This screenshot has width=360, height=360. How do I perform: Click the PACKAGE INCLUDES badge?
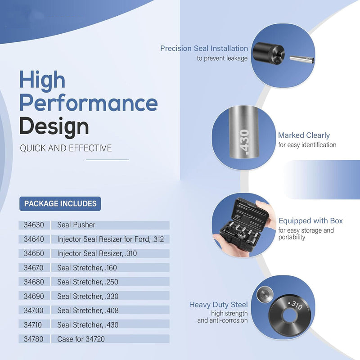60,204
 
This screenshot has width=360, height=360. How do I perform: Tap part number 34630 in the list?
34,225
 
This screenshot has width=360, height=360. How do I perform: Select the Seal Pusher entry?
76,225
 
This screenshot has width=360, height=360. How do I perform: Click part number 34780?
33,339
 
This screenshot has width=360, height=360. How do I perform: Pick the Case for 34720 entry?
81,339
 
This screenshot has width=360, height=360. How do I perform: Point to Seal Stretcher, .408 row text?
88,310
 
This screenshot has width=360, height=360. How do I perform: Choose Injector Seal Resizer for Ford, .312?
110,239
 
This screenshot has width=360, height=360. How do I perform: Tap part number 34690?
34,296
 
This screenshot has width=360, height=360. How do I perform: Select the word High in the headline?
42,80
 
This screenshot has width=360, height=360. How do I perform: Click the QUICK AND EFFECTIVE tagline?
66,148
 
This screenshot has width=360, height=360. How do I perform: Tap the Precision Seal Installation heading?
204,49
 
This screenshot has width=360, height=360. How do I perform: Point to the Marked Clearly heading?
304,135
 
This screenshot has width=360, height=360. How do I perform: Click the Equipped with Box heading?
310,220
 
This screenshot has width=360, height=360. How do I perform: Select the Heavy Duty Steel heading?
218,305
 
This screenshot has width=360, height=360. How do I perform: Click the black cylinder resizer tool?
269,53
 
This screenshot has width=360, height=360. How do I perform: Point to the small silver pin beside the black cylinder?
302,59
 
